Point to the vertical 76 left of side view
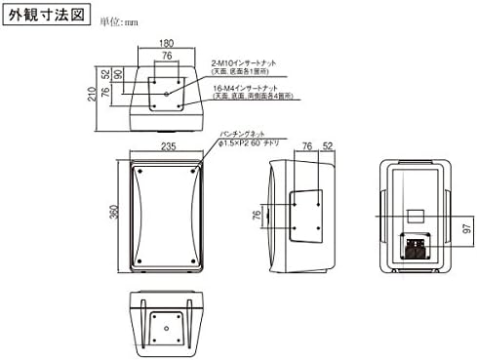[258, 216]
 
